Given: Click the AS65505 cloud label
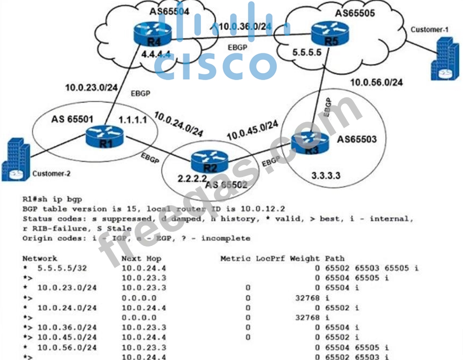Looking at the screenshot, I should (351, 14).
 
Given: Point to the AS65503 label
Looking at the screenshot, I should (357, 139).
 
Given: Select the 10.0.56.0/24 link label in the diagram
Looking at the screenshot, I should (376, 82).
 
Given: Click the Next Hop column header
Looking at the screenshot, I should (142, 259).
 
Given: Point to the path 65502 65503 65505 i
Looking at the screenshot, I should (372, 268).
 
